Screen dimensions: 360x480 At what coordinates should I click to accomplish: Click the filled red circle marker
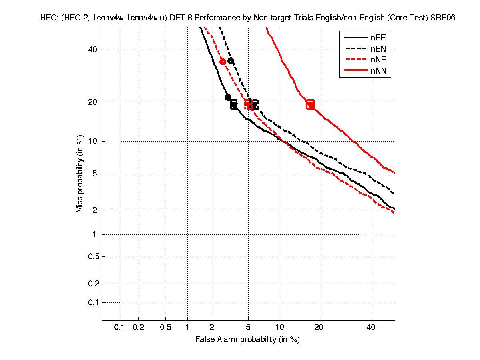coord(223,61)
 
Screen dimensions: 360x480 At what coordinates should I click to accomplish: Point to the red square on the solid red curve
coord(310,105)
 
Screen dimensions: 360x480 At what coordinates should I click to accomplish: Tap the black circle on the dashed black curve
coord(231,61)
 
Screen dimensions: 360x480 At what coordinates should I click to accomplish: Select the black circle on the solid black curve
coord(228,97)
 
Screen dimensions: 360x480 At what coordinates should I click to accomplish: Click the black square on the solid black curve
coord(234,105)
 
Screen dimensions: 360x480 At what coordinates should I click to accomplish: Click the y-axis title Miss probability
coord(80,173)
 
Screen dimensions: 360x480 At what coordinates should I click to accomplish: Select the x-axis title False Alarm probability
coord(247,340)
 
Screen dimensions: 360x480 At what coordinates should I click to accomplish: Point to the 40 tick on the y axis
coord(93,50)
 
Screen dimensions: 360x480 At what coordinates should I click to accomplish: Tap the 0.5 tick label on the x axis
coord(165,327)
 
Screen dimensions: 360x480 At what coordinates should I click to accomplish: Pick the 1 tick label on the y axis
coord(94,234)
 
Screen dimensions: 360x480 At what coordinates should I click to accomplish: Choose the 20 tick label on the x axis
coord(319,327)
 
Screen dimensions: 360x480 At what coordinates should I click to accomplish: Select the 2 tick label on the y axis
coord(94,210)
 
